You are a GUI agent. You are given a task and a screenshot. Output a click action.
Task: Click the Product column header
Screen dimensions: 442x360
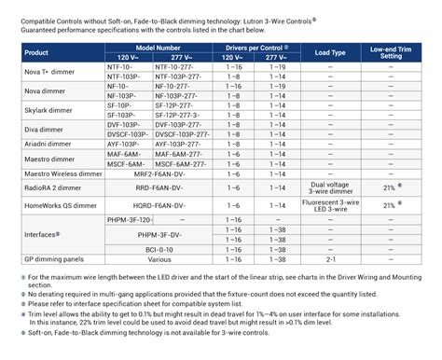(x=36, y=53)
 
